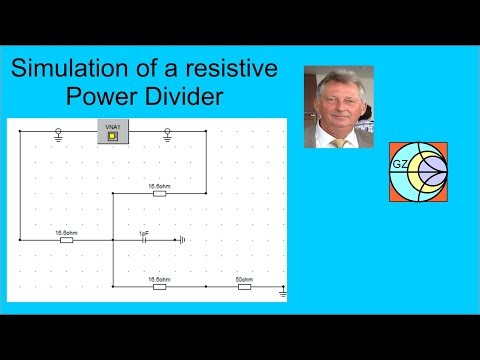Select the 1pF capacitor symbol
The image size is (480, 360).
coord(144,240)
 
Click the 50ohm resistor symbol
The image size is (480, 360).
coord(243,287)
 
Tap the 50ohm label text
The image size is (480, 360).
coord(243,278)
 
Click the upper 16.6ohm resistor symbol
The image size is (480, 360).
coord(159,195)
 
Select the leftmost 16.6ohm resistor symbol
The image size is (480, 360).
coord(66,240)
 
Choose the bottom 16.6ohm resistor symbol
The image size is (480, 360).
coord(159,287)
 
